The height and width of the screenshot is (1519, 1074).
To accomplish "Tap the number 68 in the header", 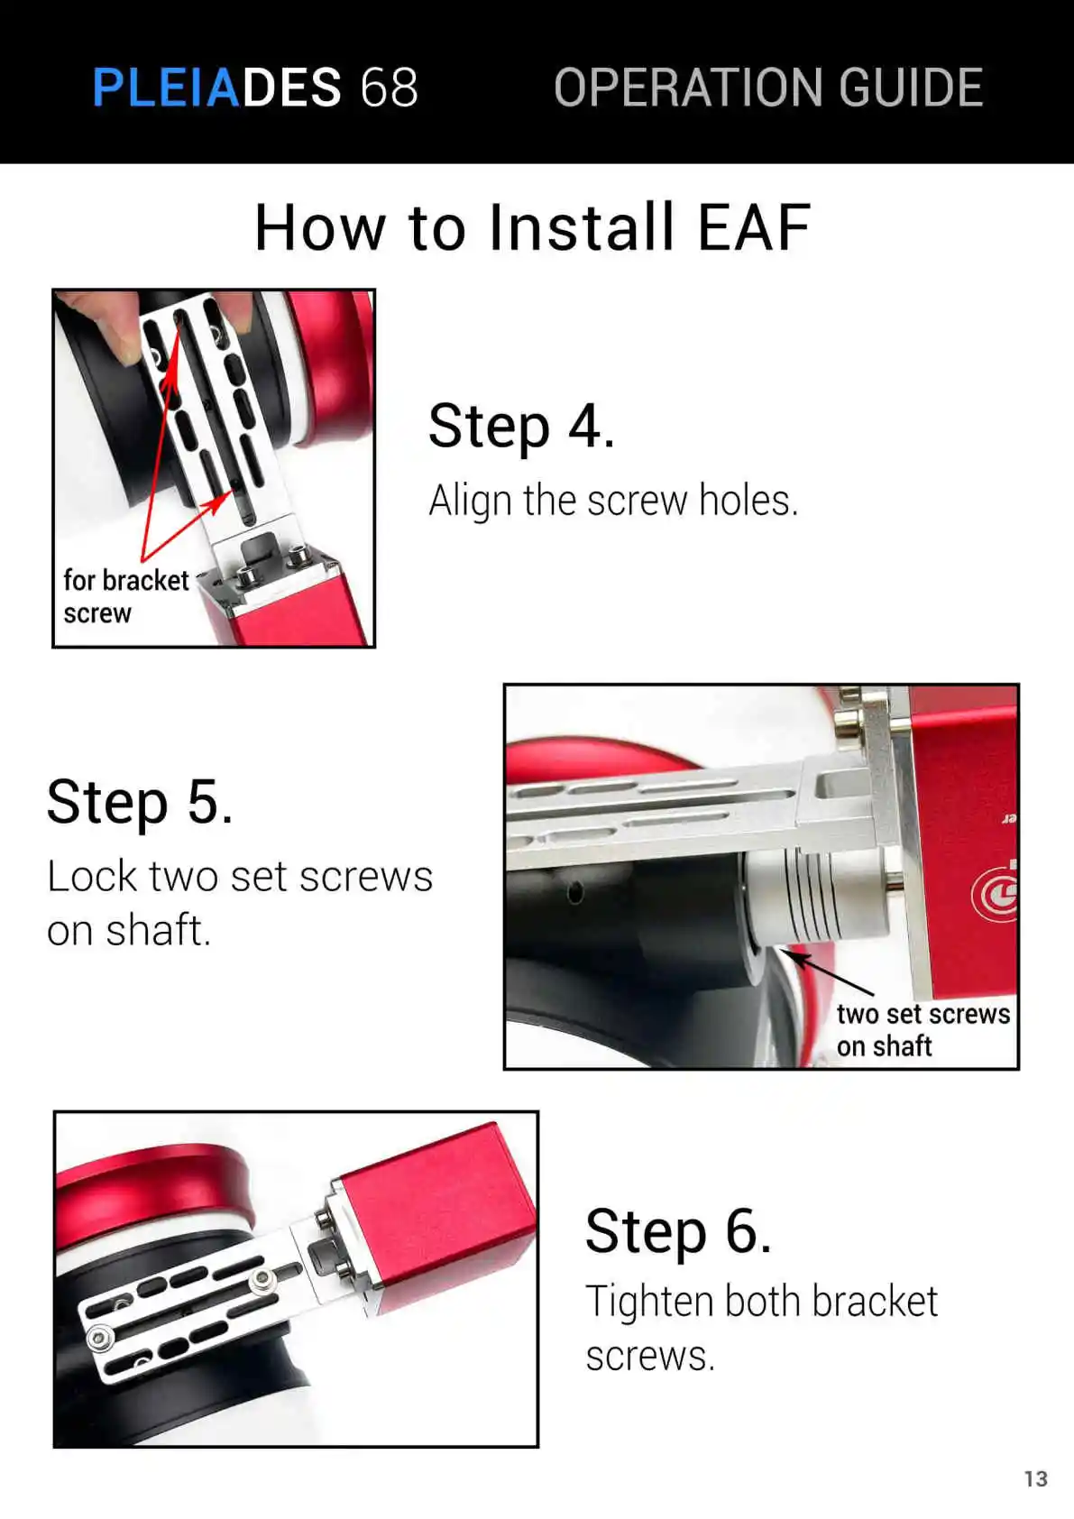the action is (x=389, y=87).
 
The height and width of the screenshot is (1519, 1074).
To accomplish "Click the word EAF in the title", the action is (x=753, y=227).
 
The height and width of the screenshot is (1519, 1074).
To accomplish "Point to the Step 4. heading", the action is (x=521, y=426).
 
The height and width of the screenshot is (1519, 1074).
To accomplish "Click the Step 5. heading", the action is (x=140, y=802).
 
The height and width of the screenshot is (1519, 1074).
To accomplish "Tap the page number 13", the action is (x=1036, y=1479).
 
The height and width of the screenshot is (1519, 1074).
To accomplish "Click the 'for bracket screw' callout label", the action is (x=126, y=597).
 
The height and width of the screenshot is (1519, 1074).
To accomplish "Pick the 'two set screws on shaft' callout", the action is (x=923, y=1030).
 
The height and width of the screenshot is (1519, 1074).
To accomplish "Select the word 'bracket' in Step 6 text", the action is (x=875, y=1302).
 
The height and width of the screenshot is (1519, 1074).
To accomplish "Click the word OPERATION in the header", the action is (x=690, y=87).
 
